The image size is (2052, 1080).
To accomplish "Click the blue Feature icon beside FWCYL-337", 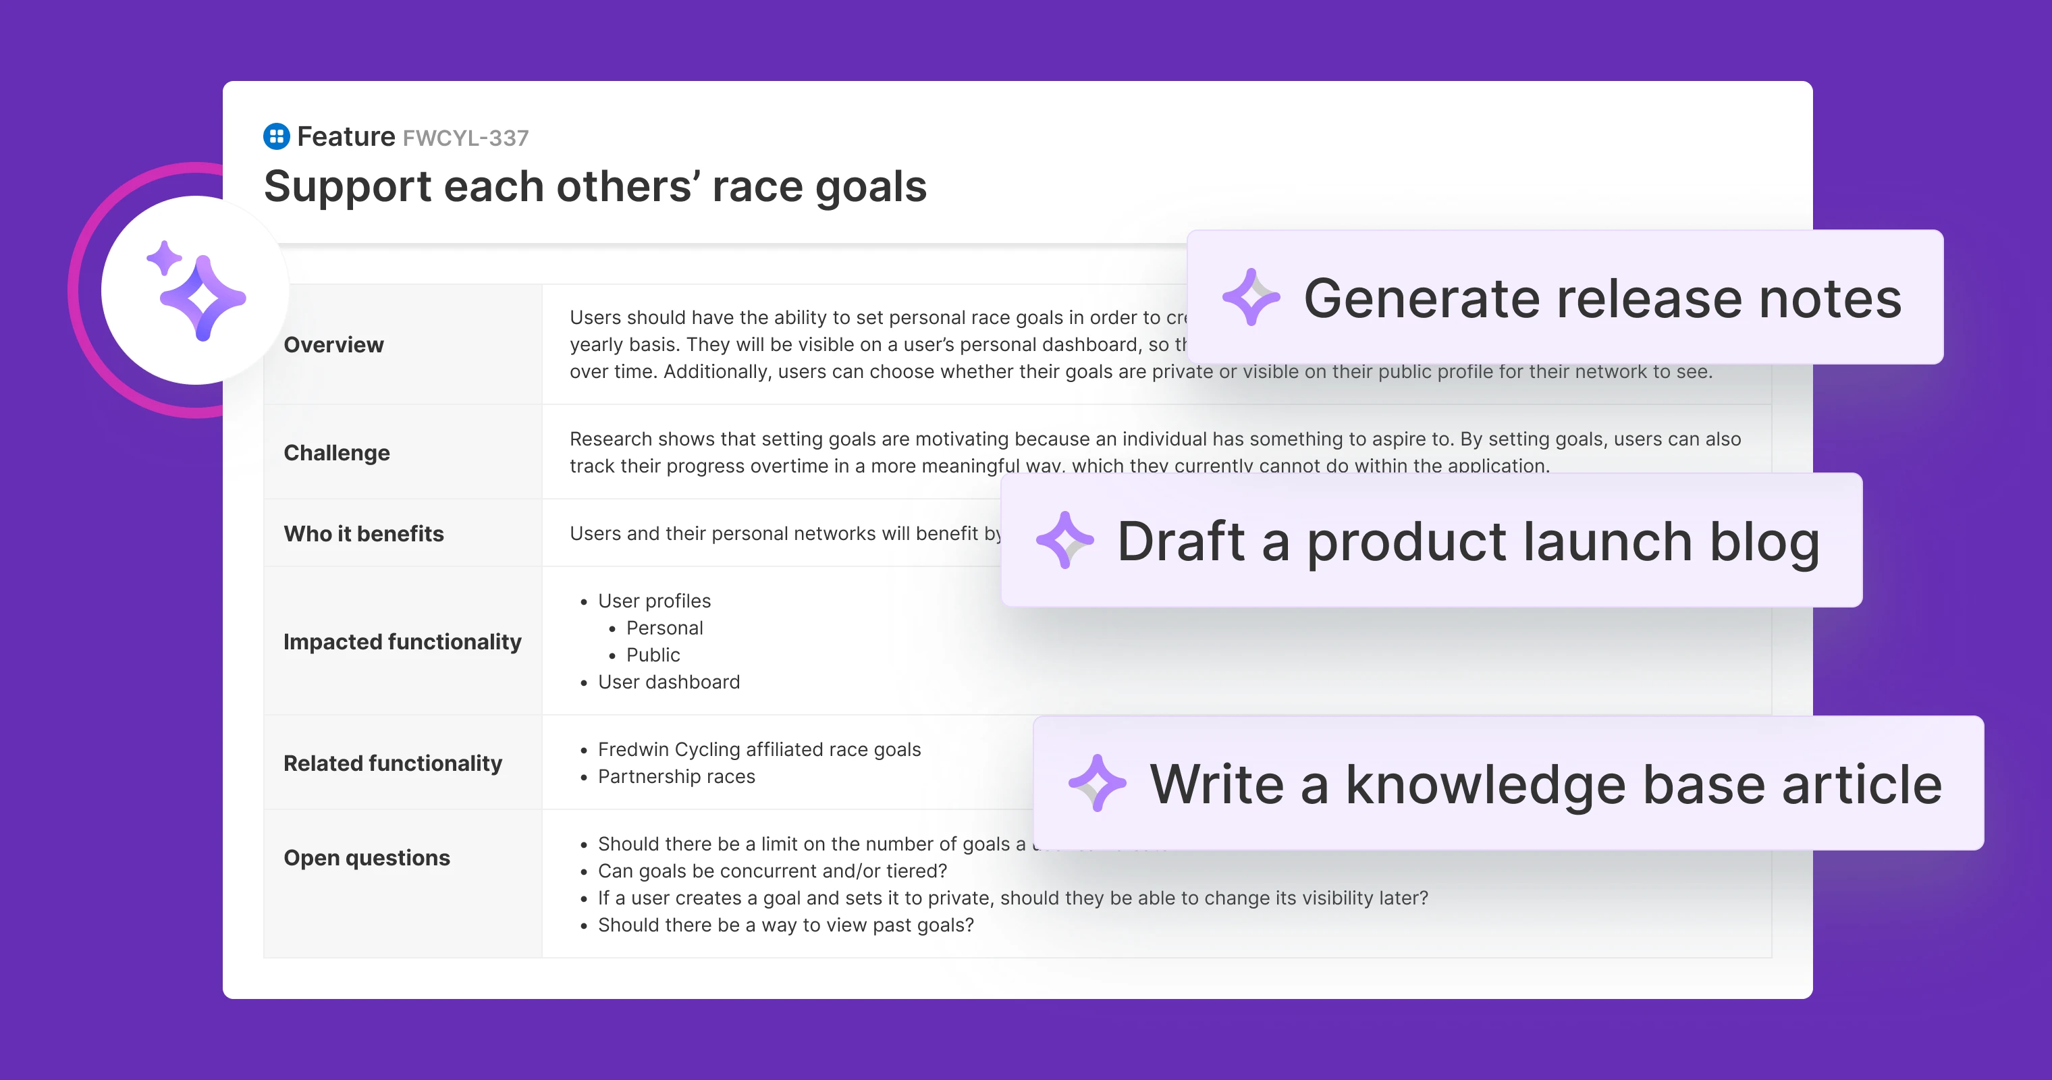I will [275, 136].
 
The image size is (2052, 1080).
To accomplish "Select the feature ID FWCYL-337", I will [465, 138].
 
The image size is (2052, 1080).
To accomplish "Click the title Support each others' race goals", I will [595, 186].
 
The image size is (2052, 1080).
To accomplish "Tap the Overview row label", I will [333, 345].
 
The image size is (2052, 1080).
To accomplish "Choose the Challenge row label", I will [337, 452].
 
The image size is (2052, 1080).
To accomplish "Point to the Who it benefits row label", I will [363, 534].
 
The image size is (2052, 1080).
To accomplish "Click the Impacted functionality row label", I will [402, 641].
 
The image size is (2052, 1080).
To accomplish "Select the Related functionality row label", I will [393, 763].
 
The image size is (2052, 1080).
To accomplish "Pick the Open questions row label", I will [367, 858].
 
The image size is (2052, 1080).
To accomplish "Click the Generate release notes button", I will [1565, 297].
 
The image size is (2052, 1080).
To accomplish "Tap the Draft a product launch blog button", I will [1432, 541].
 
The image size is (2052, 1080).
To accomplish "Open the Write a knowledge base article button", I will [1508, 784].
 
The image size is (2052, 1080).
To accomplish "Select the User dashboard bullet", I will [668, 682].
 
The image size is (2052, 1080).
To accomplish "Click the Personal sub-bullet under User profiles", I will [664, 628].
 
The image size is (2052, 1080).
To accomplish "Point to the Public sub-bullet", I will [653, 655].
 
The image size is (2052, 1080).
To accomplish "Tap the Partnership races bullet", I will [676, 776].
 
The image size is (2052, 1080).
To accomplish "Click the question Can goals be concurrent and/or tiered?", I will [772, 871].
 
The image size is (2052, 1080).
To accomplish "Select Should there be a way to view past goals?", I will [786, 925].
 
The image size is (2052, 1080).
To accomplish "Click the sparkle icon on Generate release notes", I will [1251, 297].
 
